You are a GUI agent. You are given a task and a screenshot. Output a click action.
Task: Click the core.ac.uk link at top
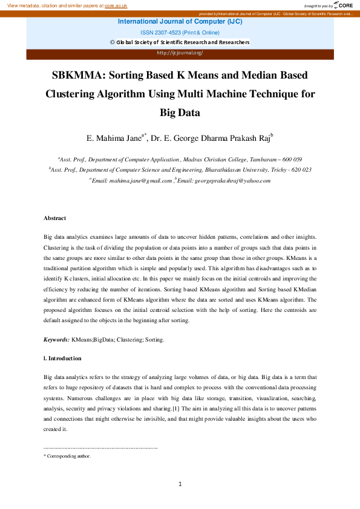pyautogui.click(x=116, y=5)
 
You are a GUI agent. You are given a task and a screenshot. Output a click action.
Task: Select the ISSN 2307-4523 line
pyautogui.click(x=180, y=31)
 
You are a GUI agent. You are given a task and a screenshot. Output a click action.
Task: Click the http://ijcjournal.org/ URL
pyautogui.click(x=180, y=53)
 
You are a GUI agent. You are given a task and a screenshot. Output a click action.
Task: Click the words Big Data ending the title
pyautogui.click(x=180, y=112)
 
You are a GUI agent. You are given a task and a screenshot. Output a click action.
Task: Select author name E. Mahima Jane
pyautogui.click(x=114, y=138)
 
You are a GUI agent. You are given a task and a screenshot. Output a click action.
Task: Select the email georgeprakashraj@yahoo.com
pyautogui.click(x=224, y=180)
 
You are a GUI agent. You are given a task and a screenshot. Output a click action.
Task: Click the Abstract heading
pyautogui.click(x=54, y=218)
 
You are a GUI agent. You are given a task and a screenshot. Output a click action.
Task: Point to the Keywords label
pyautogui.click(x=56, y=340)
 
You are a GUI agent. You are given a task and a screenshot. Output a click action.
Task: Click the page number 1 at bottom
pyautogui.click(x=180, y=484)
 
